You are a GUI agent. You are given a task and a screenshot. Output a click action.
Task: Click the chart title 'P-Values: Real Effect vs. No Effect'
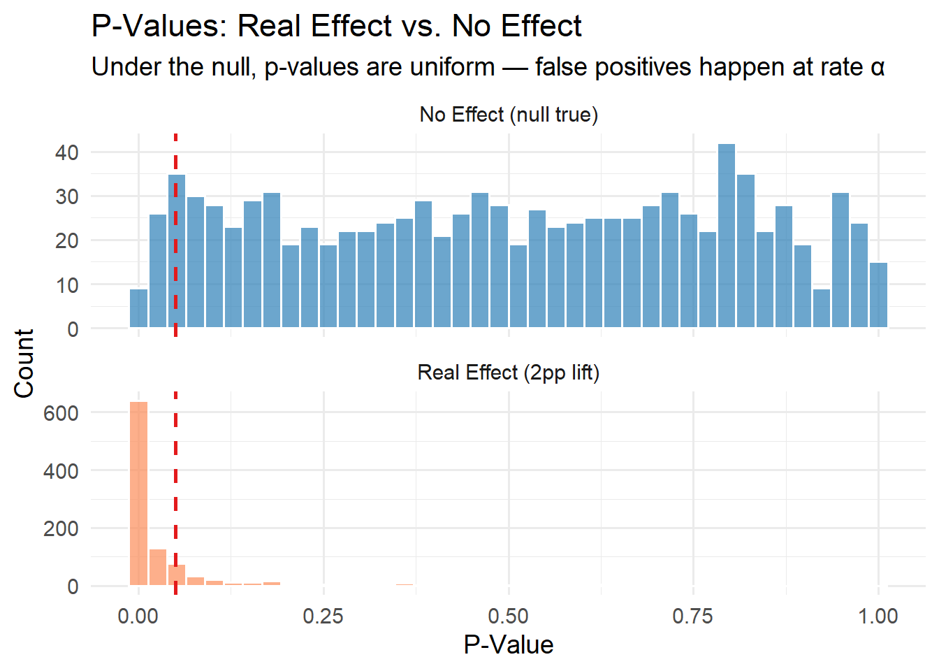[336, 26]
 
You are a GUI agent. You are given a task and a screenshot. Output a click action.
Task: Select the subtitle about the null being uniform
[488, 67]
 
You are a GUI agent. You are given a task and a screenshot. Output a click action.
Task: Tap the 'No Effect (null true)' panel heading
[509, 115]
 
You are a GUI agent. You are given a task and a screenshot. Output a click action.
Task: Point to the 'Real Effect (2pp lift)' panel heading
[509, 373]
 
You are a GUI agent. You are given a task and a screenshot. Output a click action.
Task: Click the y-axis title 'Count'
[24, 363]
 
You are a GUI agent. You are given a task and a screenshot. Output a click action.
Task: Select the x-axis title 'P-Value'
[509, 644]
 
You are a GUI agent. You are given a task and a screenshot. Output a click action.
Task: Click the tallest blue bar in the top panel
[727, 236]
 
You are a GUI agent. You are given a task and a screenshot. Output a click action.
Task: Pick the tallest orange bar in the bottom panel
[139, 493]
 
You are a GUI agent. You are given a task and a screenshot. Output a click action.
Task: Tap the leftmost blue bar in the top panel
[139, 308]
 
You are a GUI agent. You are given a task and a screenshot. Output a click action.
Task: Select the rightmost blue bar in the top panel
[878, 295]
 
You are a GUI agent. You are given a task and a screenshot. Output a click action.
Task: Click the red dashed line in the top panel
[175, 235]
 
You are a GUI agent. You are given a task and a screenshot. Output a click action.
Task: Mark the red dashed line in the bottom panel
[175, 493]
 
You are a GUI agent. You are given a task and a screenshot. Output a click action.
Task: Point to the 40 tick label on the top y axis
[66, 152]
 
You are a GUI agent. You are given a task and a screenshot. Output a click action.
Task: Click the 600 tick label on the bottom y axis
[61, 414]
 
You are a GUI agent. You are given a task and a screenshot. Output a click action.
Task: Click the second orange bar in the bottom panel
[158, 567]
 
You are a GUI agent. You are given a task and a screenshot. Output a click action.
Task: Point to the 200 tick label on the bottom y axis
[61, 529]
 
